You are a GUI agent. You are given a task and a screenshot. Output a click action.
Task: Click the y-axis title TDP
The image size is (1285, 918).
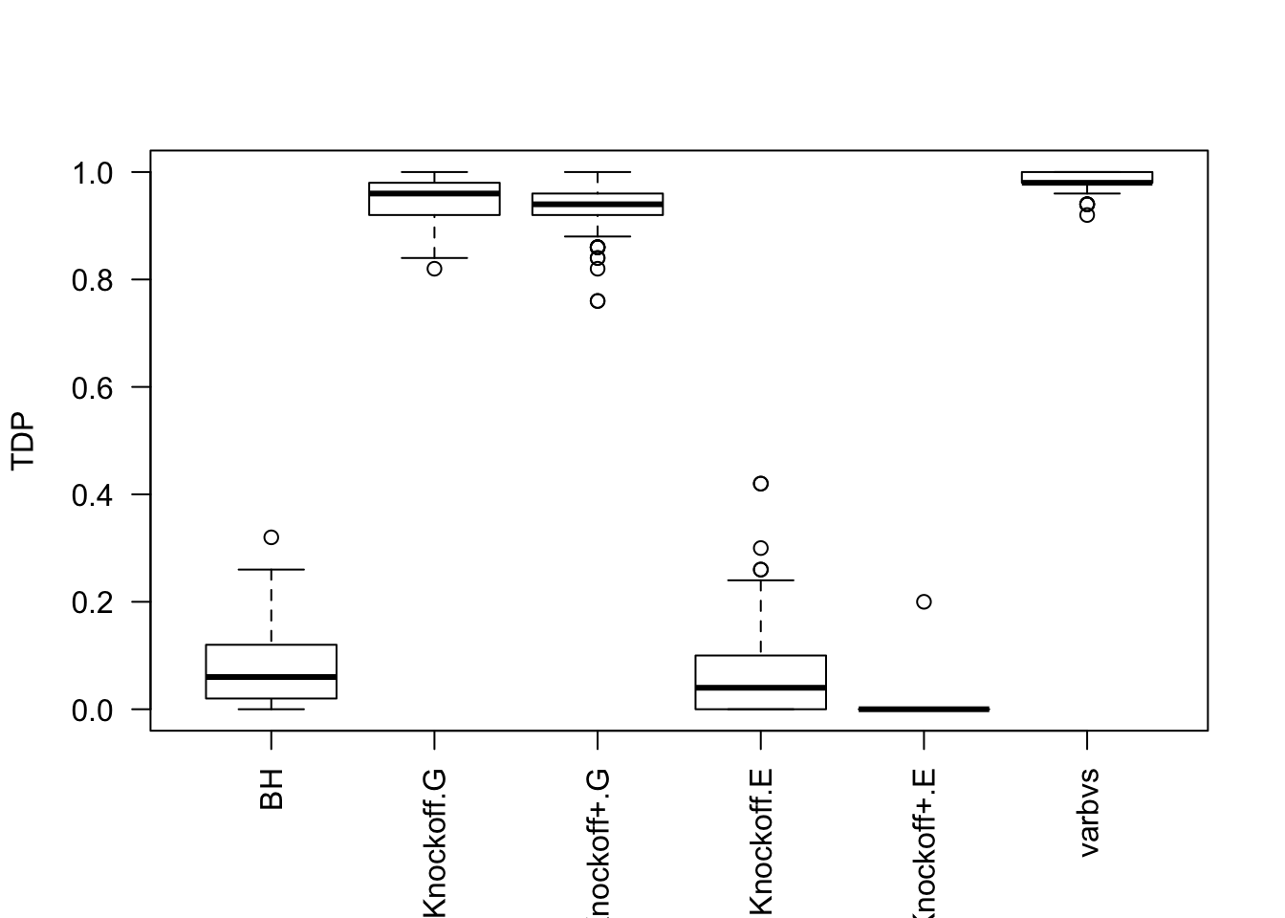[x=23, y=441]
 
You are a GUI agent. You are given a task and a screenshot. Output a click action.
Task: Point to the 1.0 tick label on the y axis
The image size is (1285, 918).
[x=93, y=173]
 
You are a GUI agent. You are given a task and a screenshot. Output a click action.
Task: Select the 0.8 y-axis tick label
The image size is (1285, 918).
[x=93, y=280]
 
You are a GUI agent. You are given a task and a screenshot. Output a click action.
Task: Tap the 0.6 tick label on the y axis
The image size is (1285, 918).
[x=93, y=387]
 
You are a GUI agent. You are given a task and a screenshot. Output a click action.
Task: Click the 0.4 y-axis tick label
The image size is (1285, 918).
[x=93, y=495]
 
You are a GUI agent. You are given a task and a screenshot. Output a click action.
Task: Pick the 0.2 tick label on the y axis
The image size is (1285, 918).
[x=93, y=602]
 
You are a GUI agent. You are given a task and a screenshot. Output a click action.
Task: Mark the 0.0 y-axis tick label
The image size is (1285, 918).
[x=93, y=710]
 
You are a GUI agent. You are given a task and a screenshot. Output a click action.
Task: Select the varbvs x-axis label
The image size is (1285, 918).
[x=1088, y=812]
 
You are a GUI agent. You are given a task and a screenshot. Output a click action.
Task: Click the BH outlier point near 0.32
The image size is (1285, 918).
[x=272, y=537]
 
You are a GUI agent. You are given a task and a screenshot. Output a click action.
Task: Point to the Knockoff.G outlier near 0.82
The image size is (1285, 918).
[x=434, y=269]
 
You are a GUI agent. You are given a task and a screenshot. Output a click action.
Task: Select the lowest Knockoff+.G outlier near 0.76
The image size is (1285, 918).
[x=598, y=301]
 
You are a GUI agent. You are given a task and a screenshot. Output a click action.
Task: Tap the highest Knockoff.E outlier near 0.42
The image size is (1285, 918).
[x=761, y=484]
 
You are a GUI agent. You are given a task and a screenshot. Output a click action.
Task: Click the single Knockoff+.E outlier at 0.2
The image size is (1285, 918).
[x=924, y=601]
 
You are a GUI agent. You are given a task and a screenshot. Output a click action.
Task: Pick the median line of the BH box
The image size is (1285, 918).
[x=272, y=677]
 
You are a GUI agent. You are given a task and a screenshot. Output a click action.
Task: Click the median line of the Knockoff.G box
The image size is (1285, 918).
[x=434, y=193]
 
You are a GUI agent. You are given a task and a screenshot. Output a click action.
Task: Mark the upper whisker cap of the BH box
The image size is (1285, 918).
[x=272, y=570]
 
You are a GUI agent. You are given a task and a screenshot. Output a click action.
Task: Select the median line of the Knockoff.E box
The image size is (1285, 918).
[x=761, y=688]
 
